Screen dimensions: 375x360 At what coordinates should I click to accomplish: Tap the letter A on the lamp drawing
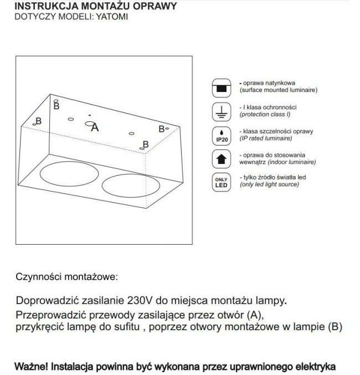(94, 127)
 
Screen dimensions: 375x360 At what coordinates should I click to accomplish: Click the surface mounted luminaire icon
(220, 88)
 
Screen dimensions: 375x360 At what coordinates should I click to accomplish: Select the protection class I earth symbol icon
(220, 111)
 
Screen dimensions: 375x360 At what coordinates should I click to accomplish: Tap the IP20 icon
(220, 136)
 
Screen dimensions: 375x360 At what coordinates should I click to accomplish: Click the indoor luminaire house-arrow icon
(220, 160)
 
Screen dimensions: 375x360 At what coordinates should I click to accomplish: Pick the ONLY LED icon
(220, 183)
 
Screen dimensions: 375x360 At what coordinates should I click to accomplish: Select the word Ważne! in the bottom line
(32, 366)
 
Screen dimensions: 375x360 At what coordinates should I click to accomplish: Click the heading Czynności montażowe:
(67, 275)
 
